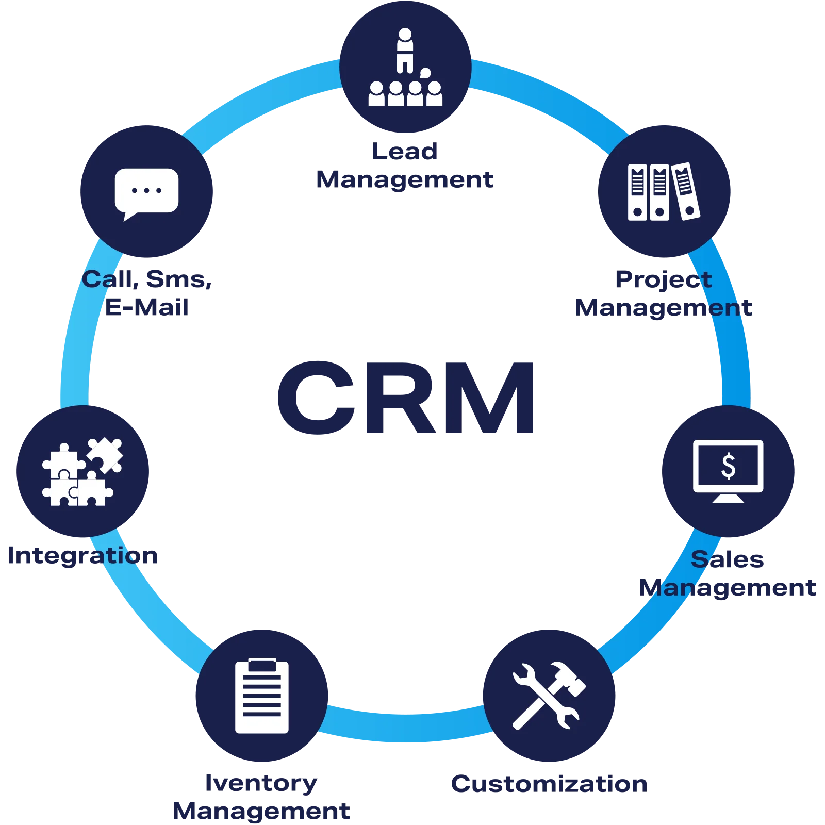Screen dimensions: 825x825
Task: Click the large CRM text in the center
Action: coord(407,397)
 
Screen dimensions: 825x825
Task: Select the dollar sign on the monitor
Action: coord(728,466)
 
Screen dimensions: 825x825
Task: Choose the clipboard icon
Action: coord(261,696)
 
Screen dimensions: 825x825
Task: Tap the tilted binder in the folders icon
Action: coord(685,191)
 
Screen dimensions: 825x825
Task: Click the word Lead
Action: coord(405,151)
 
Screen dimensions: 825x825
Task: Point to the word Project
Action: coord(663,279)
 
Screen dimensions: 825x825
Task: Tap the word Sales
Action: coord(728,559)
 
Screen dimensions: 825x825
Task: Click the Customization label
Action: coord(548,784)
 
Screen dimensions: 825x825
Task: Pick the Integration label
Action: coord(84,556)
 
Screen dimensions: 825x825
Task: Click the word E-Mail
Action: coord(147,308)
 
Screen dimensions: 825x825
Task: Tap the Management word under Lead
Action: coord(405,179)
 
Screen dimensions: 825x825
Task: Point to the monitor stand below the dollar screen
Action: coord(728,498)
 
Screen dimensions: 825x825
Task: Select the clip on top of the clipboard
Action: coord(261,664)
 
